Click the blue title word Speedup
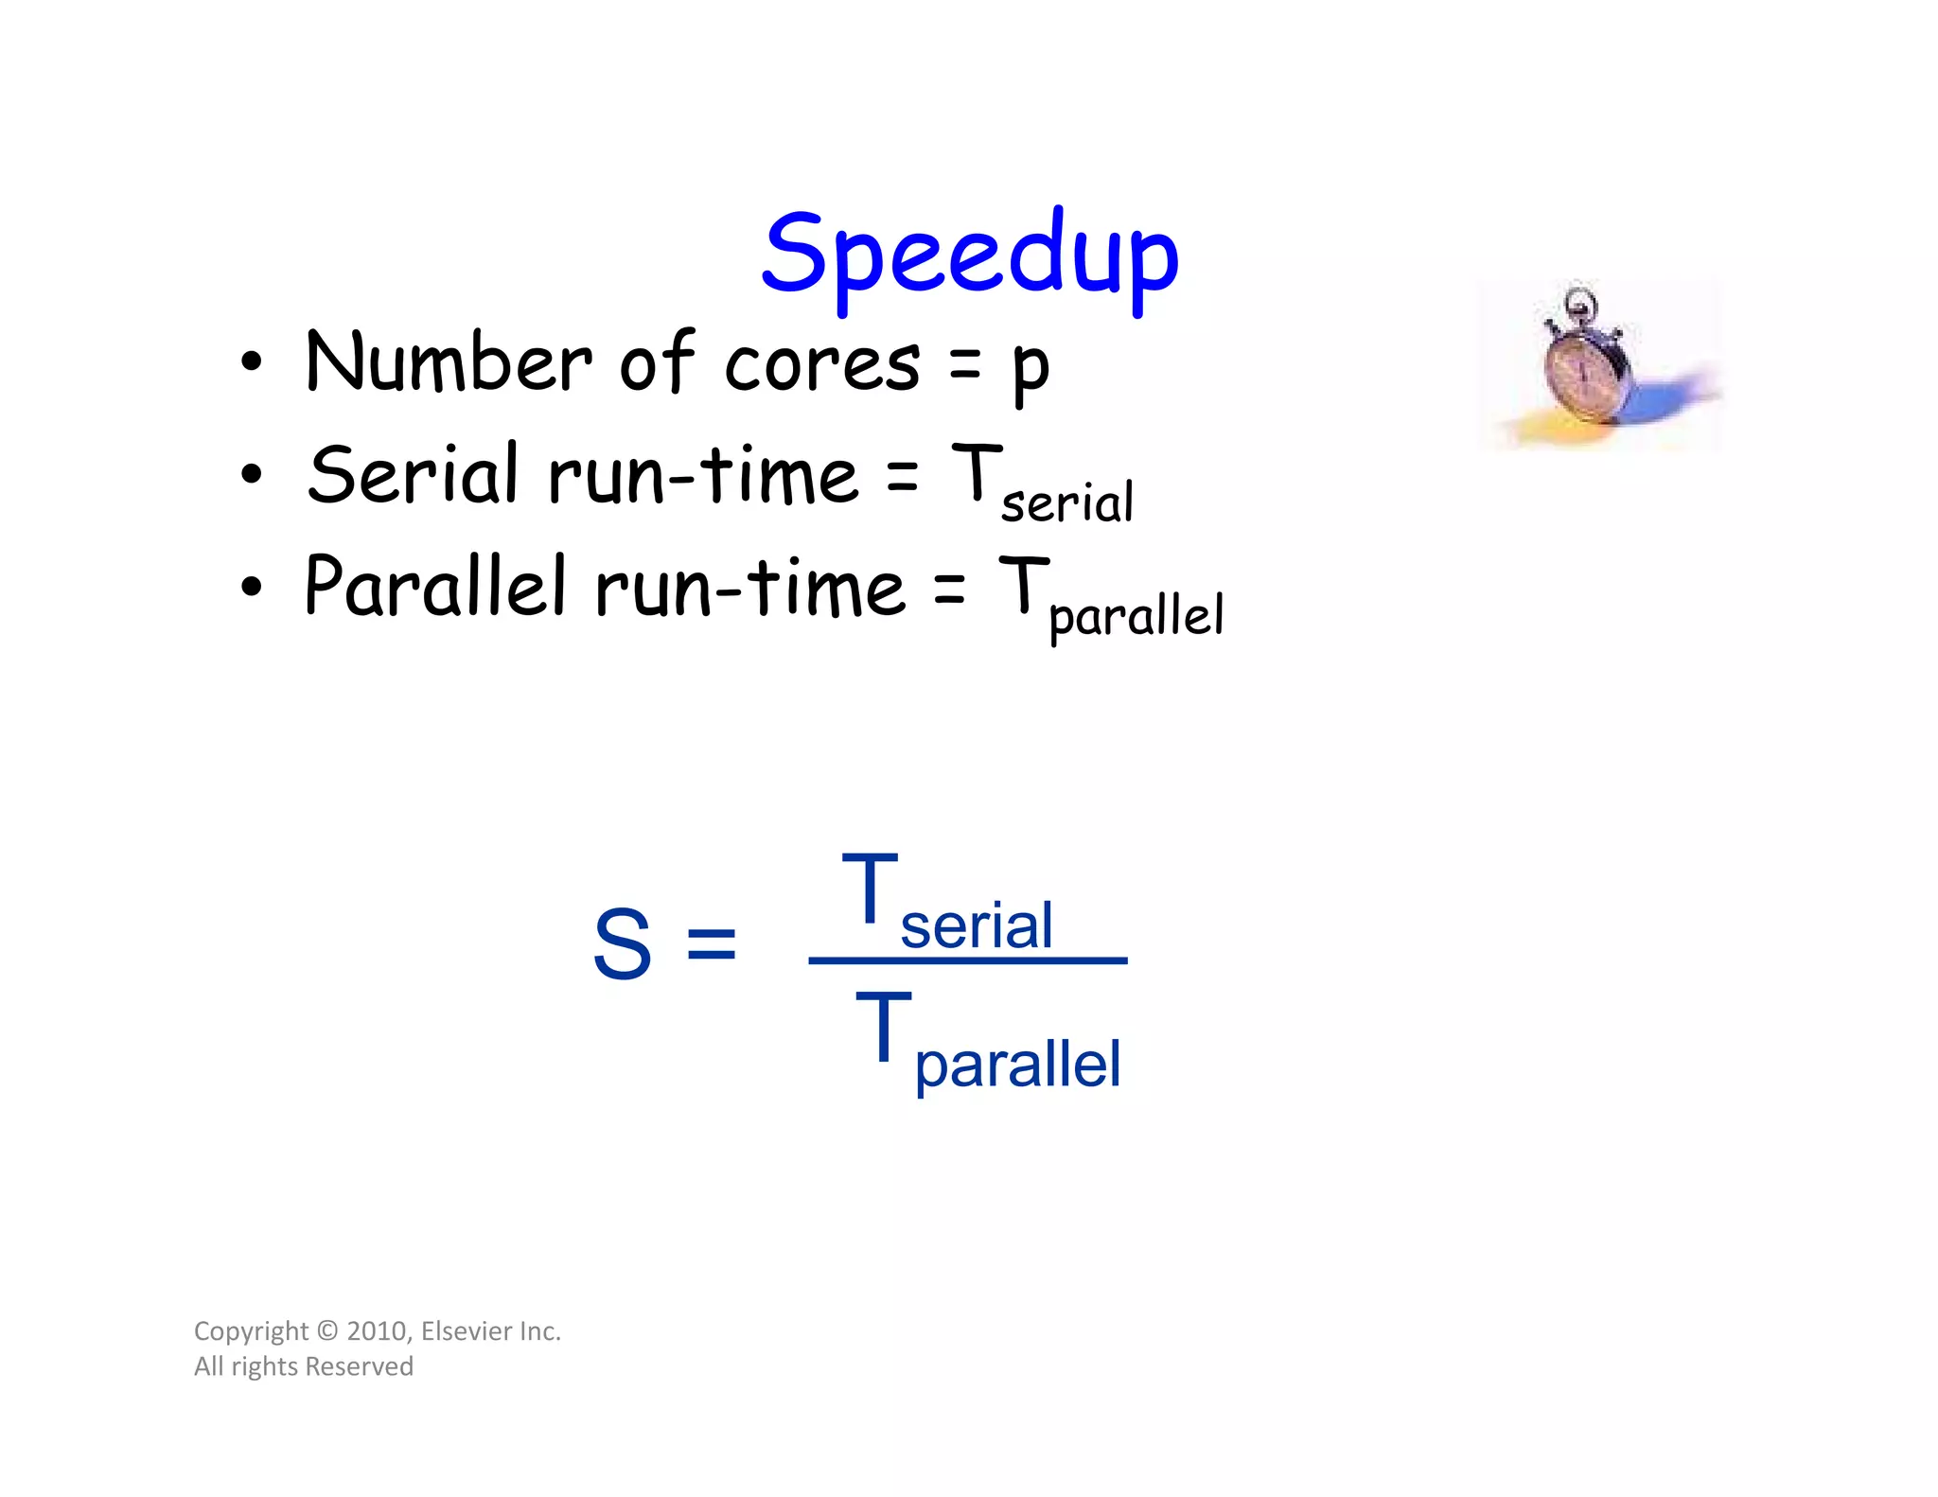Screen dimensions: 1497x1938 [970, 255]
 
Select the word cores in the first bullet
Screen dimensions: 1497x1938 [821, 364]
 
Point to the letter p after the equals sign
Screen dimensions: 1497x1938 [1030, 369]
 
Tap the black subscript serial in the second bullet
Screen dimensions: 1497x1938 [1066, 502]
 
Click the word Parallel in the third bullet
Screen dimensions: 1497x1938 [435, 586]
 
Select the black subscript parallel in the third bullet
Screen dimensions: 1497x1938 [1136, 616]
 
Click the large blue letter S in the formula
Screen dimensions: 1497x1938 [622, 943]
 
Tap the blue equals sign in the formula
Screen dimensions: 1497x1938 [711, 943]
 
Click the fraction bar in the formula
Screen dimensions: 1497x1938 [967, 960]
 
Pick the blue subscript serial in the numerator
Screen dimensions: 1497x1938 [976, 925]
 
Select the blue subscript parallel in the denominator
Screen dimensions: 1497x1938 [1017, 1066]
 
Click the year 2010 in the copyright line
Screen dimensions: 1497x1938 [377, 1331]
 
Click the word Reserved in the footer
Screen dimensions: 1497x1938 [360, 1366]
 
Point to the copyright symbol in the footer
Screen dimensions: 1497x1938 [327, 1331]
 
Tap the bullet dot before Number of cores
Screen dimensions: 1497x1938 [251, 362]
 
